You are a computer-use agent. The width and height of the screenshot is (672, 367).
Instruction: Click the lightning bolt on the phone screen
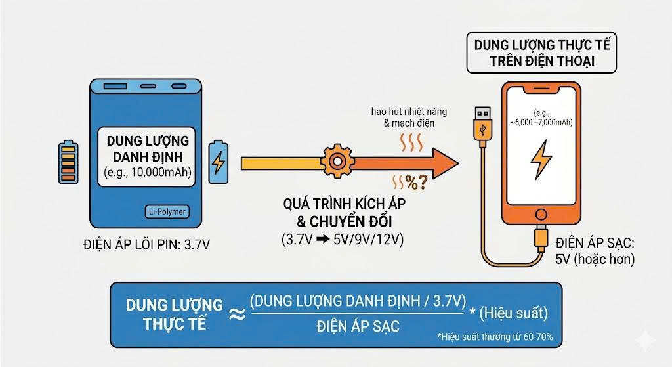tap(543, 160)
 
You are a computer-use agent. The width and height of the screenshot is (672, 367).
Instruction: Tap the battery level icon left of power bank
tap(68, 160)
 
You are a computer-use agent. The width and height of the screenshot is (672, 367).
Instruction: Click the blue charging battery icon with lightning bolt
tap(218, 162)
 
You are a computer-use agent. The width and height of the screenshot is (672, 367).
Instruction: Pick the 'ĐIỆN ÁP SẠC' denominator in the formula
tap(358, 326)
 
